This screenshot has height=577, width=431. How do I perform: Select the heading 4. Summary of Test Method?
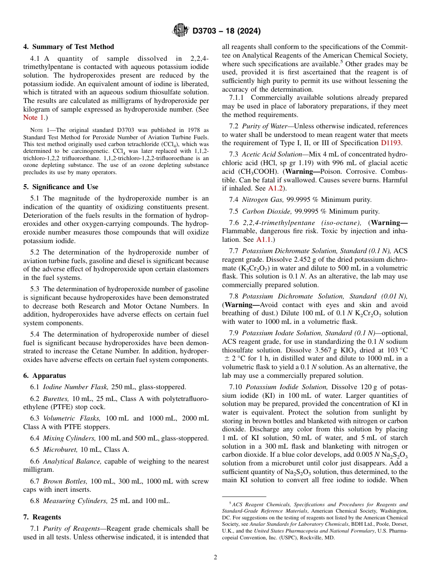pyautogui.click(x=69, y=47)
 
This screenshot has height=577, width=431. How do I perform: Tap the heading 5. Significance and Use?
pyautogui.click(x=61, y=187)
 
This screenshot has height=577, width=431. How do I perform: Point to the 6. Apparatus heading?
pyautogui.click(x=44, y=376)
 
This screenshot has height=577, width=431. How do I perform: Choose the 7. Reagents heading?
pyautogui.click(x=42, y=517)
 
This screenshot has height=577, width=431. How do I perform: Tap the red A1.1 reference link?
pyautogui.click(x=264, y=240)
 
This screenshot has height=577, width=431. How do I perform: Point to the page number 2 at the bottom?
pyautogui.click(x=215, y=557)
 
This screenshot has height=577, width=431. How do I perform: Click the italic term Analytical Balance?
pyautogui.click(x=72, y=461)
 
